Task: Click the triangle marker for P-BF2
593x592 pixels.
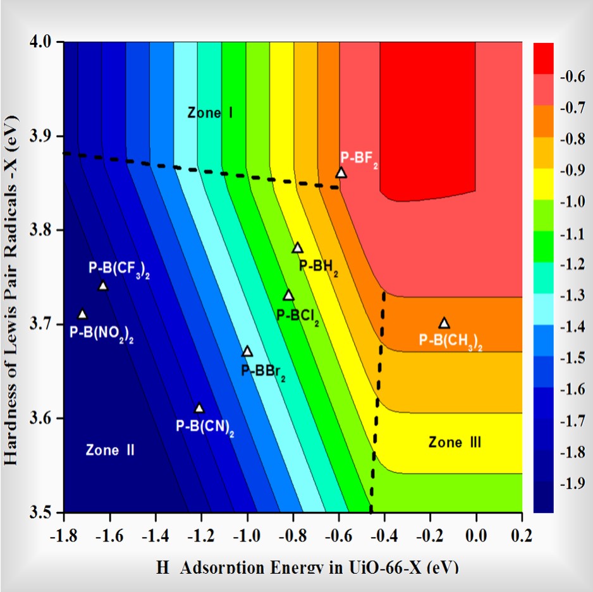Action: (341, 172)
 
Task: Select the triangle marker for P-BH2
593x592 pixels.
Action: (298, 248)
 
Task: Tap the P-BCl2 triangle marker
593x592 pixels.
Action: (289, 295)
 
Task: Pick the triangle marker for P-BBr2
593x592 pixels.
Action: (247, 351)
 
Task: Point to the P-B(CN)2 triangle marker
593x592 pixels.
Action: (199, 408)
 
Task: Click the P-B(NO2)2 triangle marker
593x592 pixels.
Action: (82, 314)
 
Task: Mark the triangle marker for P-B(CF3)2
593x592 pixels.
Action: (103, 286)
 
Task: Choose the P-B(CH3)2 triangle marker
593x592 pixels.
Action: (444, 323)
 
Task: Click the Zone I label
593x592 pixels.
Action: (211, 113)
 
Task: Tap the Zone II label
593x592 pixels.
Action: (111, 450)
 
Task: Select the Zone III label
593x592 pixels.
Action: (455, 442)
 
